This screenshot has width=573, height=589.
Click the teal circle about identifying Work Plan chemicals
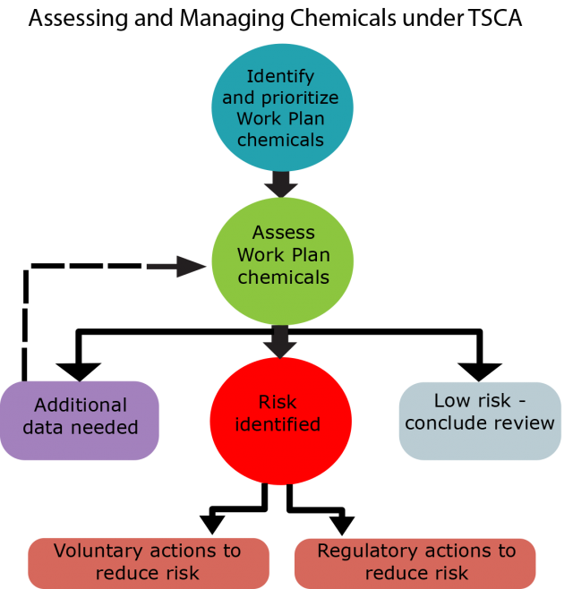[282, 107]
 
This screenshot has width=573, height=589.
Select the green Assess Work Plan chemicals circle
[283, 260]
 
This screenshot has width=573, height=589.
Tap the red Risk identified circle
[281, 421]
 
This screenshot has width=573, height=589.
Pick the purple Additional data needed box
[80, 420]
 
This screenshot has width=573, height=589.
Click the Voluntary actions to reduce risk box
[149, 562]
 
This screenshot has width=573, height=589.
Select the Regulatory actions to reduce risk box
[415, 562]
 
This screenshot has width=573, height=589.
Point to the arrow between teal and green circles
[281, 184]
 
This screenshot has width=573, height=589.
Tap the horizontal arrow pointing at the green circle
[176, 266]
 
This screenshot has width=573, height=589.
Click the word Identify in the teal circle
[281, 76]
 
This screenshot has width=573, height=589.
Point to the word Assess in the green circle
[283, 233]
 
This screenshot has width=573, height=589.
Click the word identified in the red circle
[278, 424]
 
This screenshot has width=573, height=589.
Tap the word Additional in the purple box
[81, 405]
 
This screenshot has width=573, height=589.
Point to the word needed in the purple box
[107, 427]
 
